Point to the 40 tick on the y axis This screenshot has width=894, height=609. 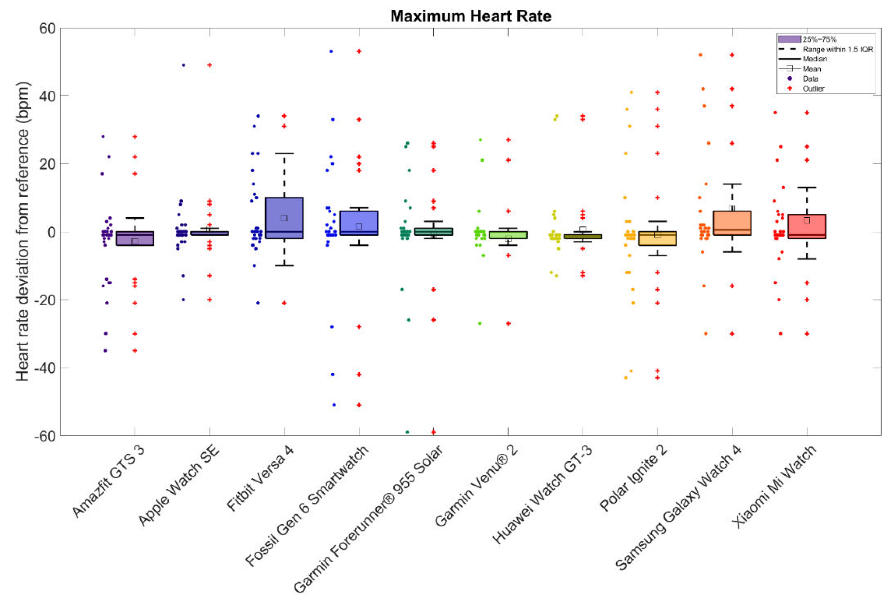click(x=47, y=96)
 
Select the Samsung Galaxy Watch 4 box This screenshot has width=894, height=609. click(x=732, y=223)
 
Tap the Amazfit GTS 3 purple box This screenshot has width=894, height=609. click(x=135, y=238)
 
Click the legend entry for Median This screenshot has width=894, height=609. click(x=814, y=59)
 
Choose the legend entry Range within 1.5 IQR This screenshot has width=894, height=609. click(x=837, y=49)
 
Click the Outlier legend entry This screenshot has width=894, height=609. click(x=813, y=89)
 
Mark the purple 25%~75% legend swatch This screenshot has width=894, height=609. click(x=789, y=39)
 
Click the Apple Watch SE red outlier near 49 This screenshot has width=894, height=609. click(x=210, y=65)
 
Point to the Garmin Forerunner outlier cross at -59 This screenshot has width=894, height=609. click(x=433, y=432)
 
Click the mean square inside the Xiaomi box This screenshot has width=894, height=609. click(x=807, y=220)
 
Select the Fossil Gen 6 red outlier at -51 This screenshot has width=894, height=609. click(x=359, y=405)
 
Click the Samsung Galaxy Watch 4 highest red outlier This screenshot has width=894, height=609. click(x=732, y=55)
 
